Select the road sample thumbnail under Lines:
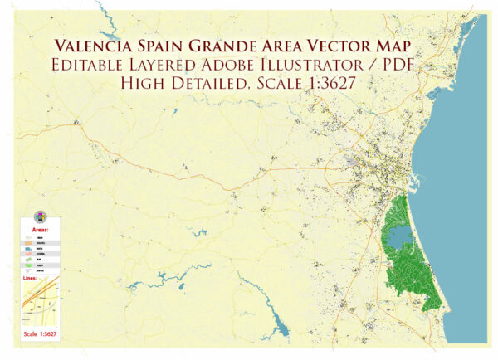tap(41, 304)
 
